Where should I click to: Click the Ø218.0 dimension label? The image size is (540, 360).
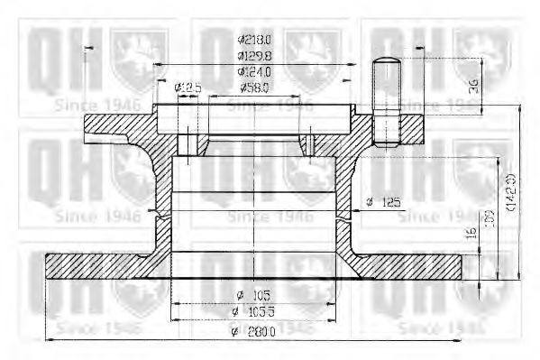coord(255,40)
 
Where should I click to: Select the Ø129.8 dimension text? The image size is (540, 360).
coord(255,55)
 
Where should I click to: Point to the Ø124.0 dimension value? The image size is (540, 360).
coord(255,70)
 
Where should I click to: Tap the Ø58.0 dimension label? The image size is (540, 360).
coord(257,87)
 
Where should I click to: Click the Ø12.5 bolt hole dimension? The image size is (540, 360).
coord(187,87)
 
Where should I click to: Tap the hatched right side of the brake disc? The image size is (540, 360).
coord(415,265)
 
